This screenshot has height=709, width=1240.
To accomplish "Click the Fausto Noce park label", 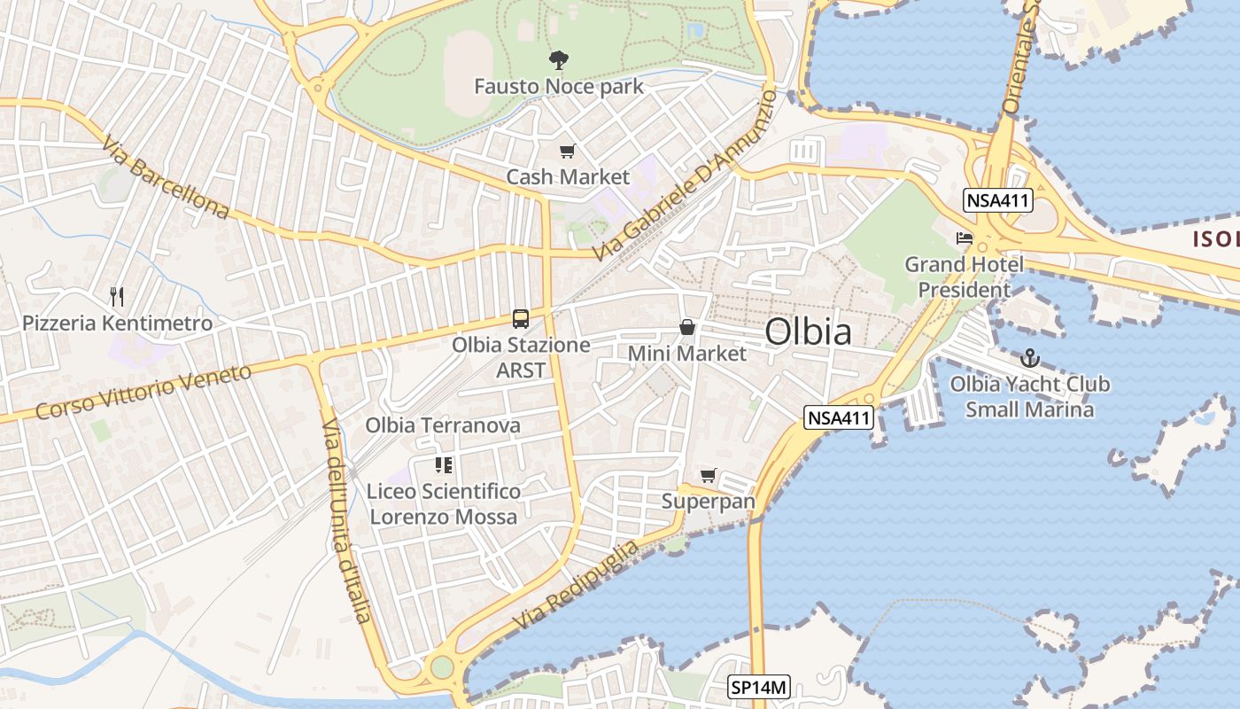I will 558,87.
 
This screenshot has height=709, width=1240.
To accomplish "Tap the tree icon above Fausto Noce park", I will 558,60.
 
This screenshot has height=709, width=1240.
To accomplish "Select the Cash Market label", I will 568,177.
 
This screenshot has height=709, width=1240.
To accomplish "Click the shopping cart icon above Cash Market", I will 567,152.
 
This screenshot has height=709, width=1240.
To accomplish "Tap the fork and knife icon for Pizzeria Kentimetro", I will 117,296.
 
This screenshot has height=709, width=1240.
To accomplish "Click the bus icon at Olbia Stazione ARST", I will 521,319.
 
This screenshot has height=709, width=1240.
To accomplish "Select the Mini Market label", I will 687,354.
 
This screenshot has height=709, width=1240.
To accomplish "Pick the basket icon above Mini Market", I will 686,327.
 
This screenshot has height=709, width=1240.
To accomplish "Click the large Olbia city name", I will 808,332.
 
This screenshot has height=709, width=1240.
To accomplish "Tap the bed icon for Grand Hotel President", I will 965,238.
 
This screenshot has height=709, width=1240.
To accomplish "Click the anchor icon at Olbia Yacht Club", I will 1029,358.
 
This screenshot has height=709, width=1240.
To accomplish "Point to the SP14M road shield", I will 759,687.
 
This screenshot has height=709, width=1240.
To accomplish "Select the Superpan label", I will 709,502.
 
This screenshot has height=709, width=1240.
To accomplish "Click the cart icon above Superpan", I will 708,476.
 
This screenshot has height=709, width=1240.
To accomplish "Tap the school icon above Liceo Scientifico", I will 444,465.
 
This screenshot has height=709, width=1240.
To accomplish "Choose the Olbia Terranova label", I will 443,425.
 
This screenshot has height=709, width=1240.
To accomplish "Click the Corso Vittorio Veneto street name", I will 144,393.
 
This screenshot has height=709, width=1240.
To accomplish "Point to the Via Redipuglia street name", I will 576,587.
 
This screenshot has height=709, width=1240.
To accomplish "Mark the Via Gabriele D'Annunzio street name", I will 684,175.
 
